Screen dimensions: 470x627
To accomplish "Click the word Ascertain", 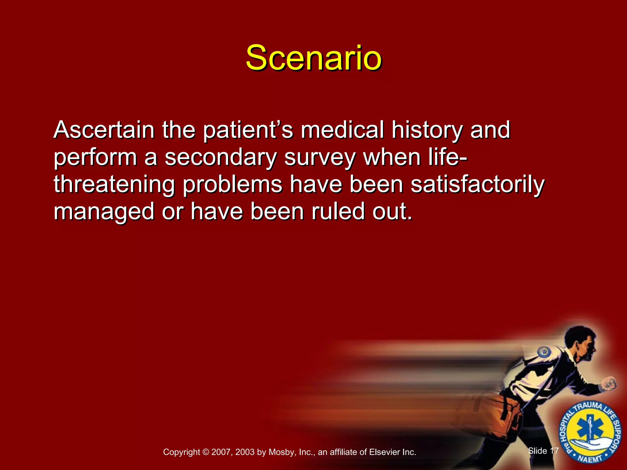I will [x=104, y=130].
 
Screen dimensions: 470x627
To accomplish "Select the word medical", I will [x=342, y=130].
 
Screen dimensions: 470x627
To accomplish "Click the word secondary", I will [x=220, y=158].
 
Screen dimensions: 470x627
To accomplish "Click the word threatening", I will [x=114, y=185].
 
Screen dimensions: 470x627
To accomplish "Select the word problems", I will [x=233, y=185].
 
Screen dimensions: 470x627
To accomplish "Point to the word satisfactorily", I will [x=478, y=185].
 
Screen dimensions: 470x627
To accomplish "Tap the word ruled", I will [x=338, y=212].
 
